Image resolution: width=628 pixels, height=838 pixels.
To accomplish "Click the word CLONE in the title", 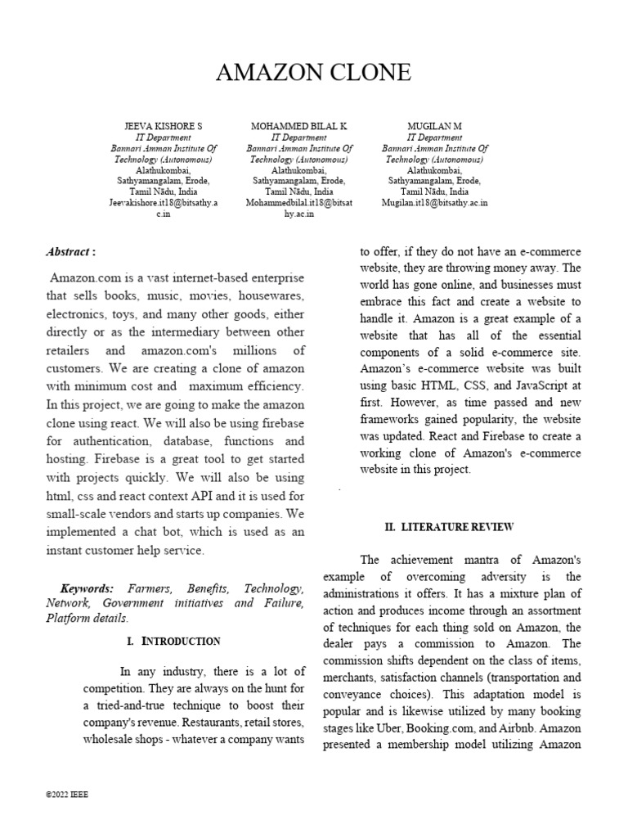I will [x=366, y=73].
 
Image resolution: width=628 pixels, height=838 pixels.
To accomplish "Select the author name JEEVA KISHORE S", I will [x=164, y=127].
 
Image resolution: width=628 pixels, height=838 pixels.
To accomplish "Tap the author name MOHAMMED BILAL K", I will [x=299, y=127].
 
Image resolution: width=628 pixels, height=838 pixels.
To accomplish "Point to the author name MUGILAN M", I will [x=435, y=127].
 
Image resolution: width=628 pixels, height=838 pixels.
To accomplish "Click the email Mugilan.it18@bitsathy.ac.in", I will [x=435, y=203].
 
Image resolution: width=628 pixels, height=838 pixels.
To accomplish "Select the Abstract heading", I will [x=70, y=252].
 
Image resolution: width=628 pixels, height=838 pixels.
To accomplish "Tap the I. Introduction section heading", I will [x=173, y=641].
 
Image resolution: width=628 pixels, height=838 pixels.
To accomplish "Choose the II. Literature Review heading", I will [x=449, y=528].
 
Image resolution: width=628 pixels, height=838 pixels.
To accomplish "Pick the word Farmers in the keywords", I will [x=142, y=589].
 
